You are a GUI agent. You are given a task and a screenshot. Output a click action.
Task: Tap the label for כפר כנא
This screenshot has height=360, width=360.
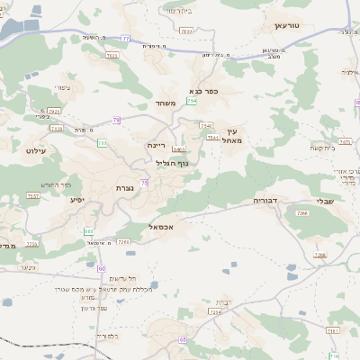[x=206, y=91]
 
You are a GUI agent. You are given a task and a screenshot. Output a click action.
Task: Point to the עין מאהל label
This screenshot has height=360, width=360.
[x=233, y=135]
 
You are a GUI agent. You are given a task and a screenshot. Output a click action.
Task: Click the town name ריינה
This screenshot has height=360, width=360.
[x=157, y=143]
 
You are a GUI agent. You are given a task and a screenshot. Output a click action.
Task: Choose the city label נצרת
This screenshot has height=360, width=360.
[x=125, y=187]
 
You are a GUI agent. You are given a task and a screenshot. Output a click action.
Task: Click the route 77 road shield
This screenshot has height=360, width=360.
[x=126, y=39]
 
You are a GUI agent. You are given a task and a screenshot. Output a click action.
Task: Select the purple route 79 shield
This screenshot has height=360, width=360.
[x=116, y=120]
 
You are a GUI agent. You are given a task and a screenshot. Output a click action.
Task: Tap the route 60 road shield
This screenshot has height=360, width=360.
[x=102, y=269]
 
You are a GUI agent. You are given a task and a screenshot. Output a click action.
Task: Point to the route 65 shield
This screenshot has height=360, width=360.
[x=183, y=339]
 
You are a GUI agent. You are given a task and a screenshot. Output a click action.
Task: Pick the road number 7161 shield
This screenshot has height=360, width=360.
[x=332, y=331]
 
